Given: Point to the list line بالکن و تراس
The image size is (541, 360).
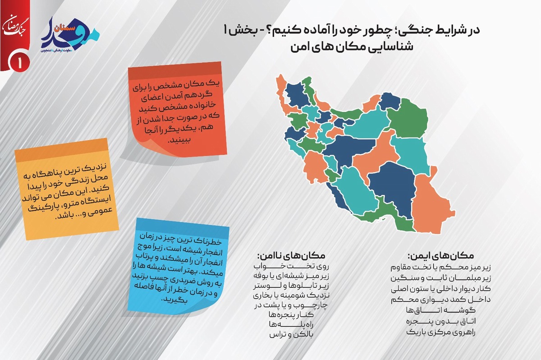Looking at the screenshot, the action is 291,335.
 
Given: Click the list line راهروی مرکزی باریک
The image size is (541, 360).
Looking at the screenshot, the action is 441,332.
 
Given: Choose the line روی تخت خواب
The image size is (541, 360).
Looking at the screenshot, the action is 291,266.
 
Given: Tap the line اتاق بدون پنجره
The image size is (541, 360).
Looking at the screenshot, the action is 441,321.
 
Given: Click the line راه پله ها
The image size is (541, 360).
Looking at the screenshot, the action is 291,325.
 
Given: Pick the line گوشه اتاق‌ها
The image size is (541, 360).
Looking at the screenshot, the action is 441,310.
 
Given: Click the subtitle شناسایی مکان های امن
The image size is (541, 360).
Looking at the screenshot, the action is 352,46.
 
